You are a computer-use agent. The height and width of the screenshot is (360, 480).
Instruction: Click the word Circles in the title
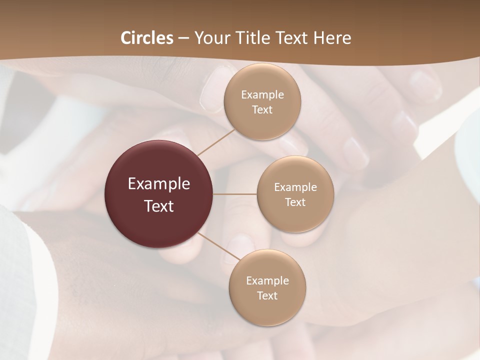[x=147, y=38]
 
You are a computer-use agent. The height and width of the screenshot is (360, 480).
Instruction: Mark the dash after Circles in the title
[x=183, y=38]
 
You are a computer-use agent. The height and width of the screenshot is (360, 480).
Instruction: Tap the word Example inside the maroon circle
[x=159, y=184]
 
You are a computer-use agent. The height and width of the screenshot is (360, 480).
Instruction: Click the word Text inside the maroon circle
[x=159, y=206]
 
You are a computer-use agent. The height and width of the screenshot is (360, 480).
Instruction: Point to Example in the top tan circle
[x=262, y=94]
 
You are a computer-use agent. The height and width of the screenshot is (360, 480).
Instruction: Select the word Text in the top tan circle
[x=262, y=109]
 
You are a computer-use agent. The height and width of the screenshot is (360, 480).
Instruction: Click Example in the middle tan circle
[x=295, y=187]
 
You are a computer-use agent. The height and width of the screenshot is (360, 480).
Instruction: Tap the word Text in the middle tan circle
[x=295, y=202]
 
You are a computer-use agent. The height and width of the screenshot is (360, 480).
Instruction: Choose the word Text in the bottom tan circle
[x=267, y=295]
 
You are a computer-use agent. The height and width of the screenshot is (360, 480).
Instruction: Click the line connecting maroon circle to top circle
[x=216, y=142]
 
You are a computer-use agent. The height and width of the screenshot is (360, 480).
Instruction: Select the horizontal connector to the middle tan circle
[x=235, y=194]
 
